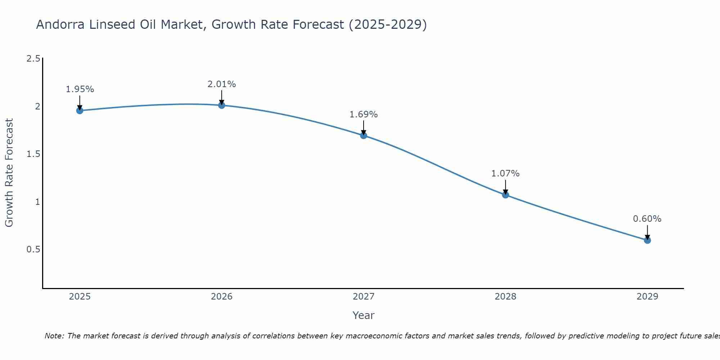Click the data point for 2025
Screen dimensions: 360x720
pyautogui.click(x=80, y=111)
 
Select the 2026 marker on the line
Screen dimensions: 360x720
pyautogui.click(x=221, y=105)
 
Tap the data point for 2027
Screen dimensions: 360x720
pyautogui.click(x=363, y=135)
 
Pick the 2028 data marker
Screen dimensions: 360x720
pyautogui.click(x=505, y=195)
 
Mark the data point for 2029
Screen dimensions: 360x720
pyautogui.click(x=647, y=240)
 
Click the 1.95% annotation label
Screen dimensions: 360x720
pyautogui.click(x=80, y=89)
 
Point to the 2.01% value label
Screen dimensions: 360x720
pyautogui.click(x=221, y=84)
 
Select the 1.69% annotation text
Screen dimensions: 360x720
pyautogui.click(x=363, y=114)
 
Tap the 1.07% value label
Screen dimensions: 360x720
pyautogui.click(x=505, y=174)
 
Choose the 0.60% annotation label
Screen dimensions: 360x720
pyautogui.click(x=647, y=219)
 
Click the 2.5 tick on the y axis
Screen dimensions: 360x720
pyautogui.click(x=33, y=59)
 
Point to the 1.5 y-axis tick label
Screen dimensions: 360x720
pyautogui.click(x=33, y=154)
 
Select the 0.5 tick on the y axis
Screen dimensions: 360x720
pyautogui.click(x=33, y=249)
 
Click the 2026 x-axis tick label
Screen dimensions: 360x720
pyautogui.click(x=221, y=297)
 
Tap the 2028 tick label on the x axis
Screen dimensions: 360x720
pyautogui.click(x=505, y=297)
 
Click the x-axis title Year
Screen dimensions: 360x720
pyautogui.click(x=363, y=315)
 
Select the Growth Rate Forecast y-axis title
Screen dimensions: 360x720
pyautogui.click(x=9, y=173)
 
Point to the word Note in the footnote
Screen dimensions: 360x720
pyautogui.click(x=54, y=336)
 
